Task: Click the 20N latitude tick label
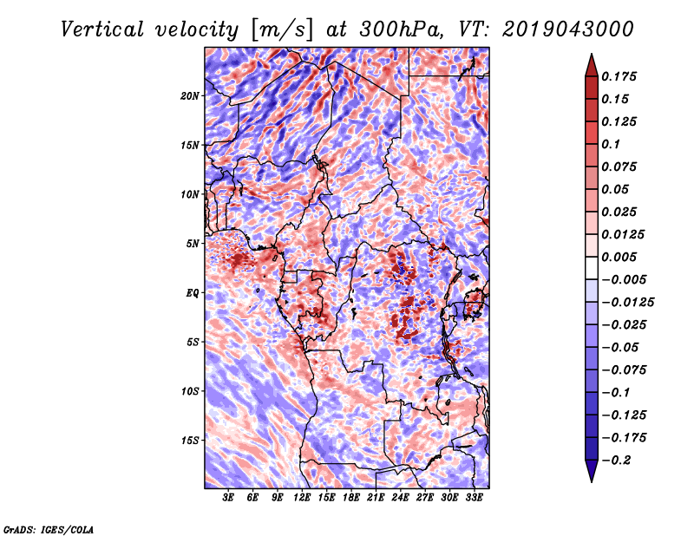coord(191,95)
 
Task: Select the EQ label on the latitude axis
coord(193,293)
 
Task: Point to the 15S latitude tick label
coord(191,441)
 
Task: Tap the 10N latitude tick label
coord(191,194)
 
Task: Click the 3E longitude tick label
coord(229,498)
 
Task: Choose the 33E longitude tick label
coord(475,498)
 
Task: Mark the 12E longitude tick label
coord(303,498)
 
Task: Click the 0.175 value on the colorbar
coord(621,76)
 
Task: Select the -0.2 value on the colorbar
coord(618,461)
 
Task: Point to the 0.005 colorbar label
coord(621,257)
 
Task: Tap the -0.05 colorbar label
coord(621,347)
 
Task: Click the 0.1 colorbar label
coord(614,144)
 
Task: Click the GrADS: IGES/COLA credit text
coord(48,528)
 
